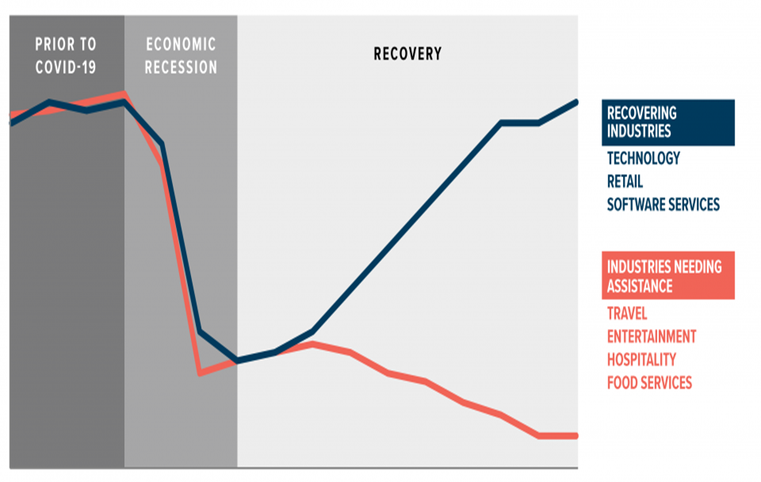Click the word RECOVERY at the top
click(407, 54)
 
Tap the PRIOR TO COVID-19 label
click(66, 55)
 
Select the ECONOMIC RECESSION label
click(181, 55)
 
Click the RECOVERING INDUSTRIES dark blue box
click(667, 122)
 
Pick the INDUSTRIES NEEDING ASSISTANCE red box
click(667, 275)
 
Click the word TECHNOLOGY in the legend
click(643, 159)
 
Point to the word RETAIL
click(625, 182)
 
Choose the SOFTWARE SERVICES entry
click(663, 205)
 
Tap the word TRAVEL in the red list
click(626, 313)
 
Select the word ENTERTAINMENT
click(651, 336)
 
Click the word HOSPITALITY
click(641, 359)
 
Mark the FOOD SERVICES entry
click(649, 383)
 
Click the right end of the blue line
click(576, 102)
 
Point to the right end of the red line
click(576, 435)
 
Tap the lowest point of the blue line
click(237, 361)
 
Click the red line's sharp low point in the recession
click(200, 372)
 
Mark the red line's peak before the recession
click(124, 94)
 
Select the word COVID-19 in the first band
click(66, 67)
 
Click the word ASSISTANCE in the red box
click(640, 285)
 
